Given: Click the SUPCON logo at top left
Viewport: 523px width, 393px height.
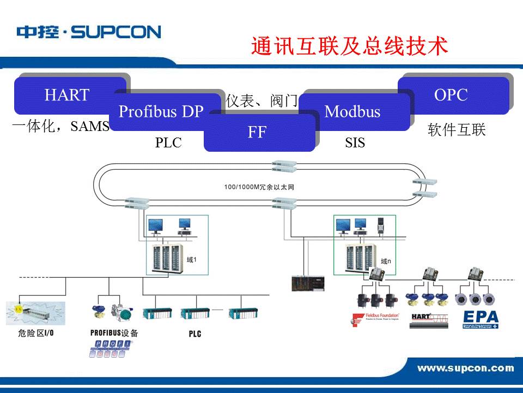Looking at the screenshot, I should pyautogui.click(x=89, y=32).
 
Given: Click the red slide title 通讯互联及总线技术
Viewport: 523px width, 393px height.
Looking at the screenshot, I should pyautogui.click(x=350, y=46).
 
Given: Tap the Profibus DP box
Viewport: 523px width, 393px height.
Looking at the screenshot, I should pyautogui.click(x=161, y=111).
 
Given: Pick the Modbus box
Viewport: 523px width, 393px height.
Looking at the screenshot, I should pyautogui.click(x=352, y=112).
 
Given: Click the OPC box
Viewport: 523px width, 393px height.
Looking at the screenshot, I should pyautogui.click(x=451, y=94).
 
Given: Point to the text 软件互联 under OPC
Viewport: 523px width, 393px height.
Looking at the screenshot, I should pyautogui.click(x=457, y=130).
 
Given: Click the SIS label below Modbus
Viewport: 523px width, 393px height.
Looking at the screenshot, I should pyautogui.click(x=355, y=143).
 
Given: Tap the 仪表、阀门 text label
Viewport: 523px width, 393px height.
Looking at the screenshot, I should pyautogui.click(x=262, y=101).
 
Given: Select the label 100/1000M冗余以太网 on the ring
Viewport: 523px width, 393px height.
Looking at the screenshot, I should pyautogui.click(x=259, y=187).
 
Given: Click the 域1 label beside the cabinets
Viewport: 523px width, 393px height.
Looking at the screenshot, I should pyautogui.click(x=191, y=260).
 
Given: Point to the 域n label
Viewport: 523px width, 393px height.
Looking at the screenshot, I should pyautogui.click(x=386, y=261).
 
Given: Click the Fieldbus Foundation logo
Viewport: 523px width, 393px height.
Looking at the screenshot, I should pyautogui.click(x=376, y=319).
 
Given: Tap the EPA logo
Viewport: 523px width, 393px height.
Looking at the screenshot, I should pyautogui.click(x=480, y=319).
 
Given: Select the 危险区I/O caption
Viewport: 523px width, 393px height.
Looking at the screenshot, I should pyautogui.click(x=35, y=332).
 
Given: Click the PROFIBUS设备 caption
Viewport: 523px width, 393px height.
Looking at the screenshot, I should pyautogui.click(x=114, y=332).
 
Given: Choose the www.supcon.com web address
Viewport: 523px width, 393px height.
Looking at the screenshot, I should pyautogui.click(x=465, y=368).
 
